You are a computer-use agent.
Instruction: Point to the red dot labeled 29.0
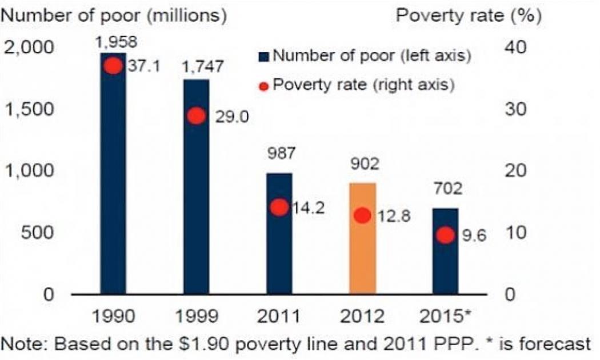click(x=196, y=115)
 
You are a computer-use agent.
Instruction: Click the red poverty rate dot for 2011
click(x=279, y=207)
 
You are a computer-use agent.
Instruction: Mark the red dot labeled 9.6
click(x=445, y=235)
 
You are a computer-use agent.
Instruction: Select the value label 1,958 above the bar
click(x=113, y=42)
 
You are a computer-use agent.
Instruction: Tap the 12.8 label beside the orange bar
click(x=393, y=217)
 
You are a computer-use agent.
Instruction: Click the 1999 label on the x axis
click(x=196, y=316)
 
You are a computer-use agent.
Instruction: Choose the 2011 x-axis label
click(x=279, y=316)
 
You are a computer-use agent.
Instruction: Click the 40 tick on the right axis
click(x=514, y=48)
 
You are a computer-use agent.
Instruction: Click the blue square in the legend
click(x=263, y=56)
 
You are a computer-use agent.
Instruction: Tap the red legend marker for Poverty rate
click(x=263, y=86)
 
